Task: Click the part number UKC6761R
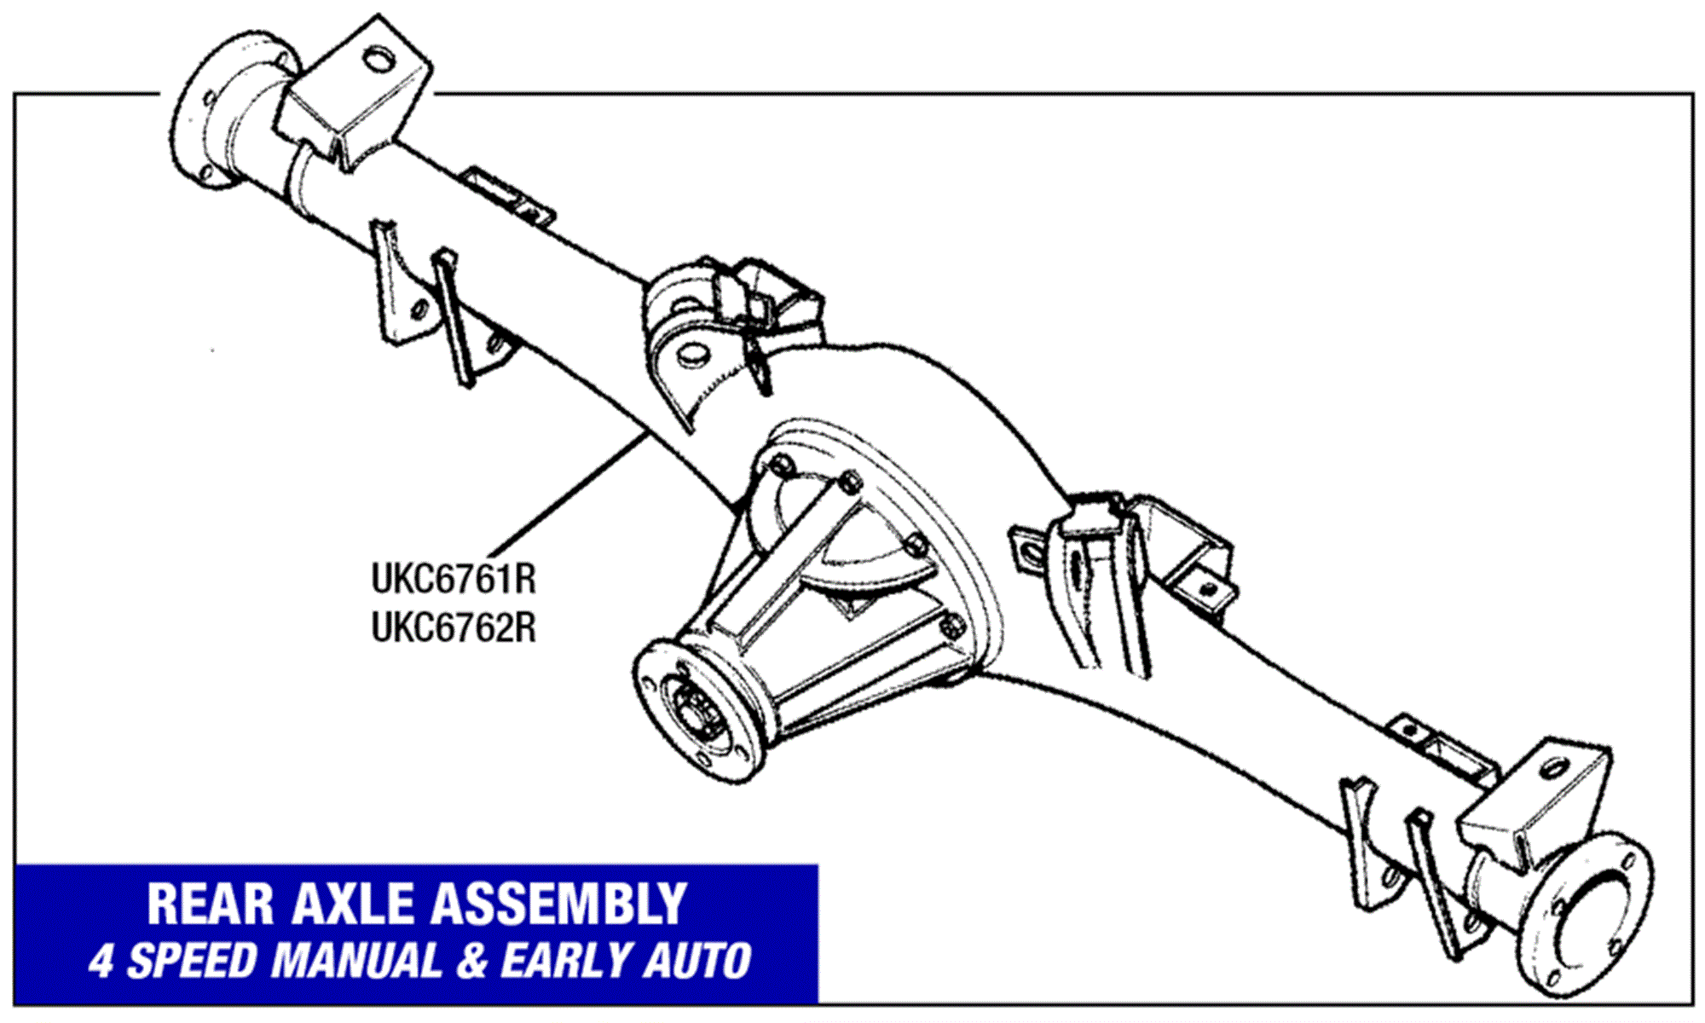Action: [454, 580]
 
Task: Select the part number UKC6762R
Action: [454, 629]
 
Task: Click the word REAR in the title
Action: [210, 905]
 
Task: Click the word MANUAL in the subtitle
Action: [357, 962]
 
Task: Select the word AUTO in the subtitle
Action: [697, 962]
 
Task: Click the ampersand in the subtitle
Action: [471, 962]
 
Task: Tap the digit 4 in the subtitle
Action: [101, 962]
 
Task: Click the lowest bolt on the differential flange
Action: [951, 629]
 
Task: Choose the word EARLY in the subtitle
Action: [567, 962]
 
